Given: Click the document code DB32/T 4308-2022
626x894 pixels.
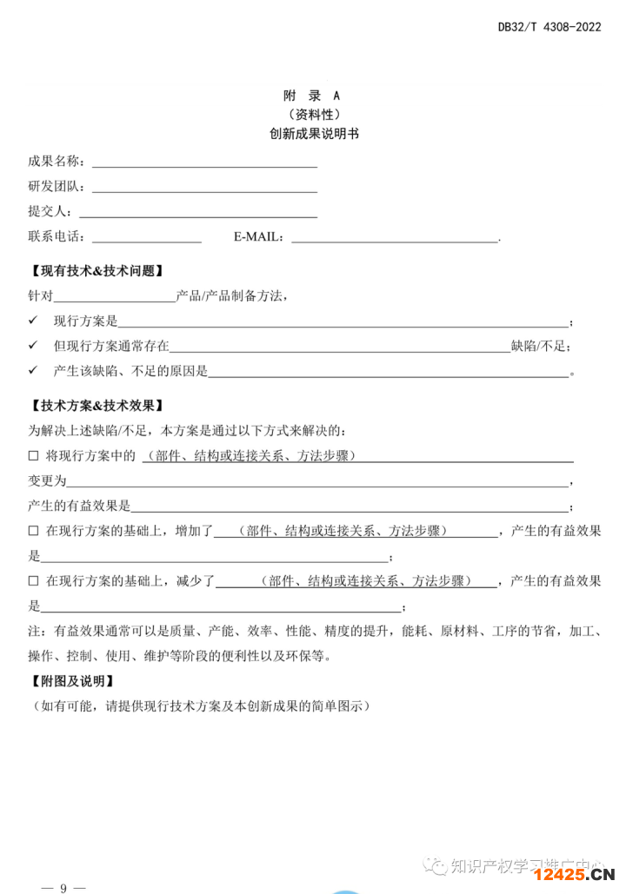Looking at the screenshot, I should [549, 27].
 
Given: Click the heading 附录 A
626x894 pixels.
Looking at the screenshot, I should [312, 96].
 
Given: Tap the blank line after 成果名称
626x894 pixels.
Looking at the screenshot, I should [204, 162].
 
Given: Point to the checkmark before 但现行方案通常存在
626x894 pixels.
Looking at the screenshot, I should [33, 346].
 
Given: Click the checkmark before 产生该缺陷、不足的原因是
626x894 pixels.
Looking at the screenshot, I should [33, 371].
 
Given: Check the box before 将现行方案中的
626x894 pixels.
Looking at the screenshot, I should [34, 456].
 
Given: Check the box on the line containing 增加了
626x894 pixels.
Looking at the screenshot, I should [34, 531].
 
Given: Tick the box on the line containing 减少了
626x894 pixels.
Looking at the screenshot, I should [34, 580].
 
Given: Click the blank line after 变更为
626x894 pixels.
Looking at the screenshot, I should [317, 482].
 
